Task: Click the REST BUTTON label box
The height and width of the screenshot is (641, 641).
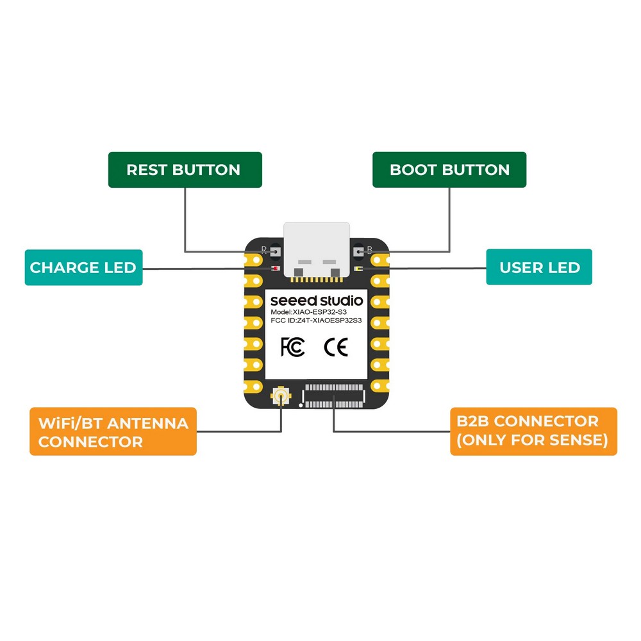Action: point(185,170)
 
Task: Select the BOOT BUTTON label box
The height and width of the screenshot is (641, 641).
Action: point(449,170)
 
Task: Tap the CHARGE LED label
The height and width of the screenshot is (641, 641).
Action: point(83,267)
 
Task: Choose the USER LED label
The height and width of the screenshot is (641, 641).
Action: point(539,267)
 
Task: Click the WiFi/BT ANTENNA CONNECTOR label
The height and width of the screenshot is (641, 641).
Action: point(113,431)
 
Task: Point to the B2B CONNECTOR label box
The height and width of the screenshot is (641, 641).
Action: point(533,431)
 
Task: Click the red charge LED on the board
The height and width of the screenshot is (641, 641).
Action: point(275,269)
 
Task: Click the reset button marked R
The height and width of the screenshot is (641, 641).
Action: point(275,251)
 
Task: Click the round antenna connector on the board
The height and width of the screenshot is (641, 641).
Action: point(281,398)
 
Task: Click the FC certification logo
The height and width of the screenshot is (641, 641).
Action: point(292,347)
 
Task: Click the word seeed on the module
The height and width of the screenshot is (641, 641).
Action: point(290,301)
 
